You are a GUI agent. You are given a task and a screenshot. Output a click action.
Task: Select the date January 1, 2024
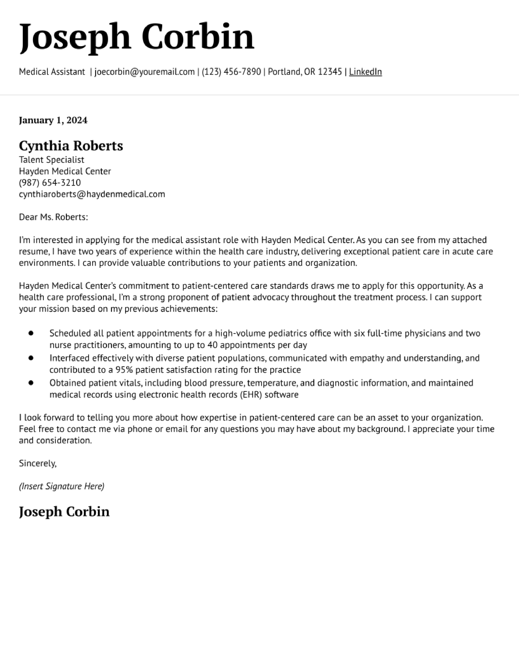(x=53, y=120)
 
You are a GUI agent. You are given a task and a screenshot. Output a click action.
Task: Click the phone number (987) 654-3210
(x=50, y=183)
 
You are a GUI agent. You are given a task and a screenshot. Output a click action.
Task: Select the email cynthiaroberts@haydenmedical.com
(x=92, y=194)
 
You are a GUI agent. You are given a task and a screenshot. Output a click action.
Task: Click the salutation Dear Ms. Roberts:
(x=54, y=217)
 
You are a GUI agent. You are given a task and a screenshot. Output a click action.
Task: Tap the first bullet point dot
(x=31, y=333)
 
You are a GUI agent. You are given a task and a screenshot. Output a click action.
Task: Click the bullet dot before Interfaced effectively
(x=31, y=358)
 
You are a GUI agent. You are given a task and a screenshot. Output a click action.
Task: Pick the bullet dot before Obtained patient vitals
(x=31, y=383)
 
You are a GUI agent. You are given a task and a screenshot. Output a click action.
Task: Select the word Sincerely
(x=37, y=463)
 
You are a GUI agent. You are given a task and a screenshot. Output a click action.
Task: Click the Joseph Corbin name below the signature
(x=64, y=512)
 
